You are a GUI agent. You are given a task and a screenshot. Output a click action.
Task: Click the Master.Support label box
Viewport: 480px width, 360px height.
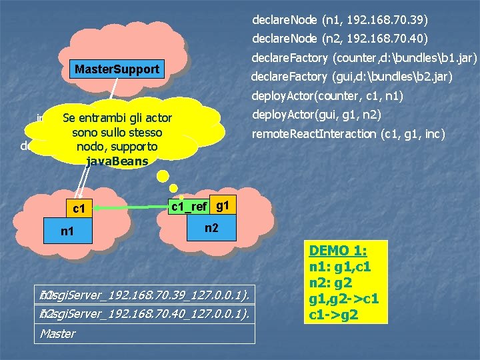point(117,69)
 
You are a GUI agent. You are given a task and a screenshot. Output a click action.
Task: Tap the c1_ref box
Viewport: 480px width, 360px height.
point(189,207)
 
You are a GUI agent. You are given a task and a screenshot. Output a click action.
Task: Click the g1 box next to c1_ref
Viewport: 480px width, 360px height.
point(223,207)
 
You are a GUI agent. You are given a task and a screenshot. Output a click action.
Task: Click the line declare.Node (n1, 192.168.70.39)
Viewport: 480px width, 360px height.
point(340,19)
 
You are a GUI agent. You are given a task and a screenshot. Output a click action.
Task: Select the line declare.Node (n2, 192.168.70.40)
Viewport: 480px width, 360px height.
point(340,39)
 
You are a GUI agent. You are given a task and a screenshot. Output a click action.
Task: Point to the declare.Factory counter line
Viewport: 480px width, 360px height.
point(363,58)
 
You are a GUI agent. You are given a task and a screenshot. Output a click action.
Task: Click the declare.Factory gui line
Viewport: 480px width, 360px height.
point(351,77)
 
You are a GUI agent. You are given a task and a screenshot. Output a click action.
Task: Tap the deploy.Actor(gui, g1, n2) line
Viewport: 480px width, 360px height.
point(315,115)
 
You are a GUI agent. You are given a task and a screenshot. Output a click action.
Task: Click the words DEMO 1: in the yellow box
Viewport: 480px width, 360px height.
point(339,251)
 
